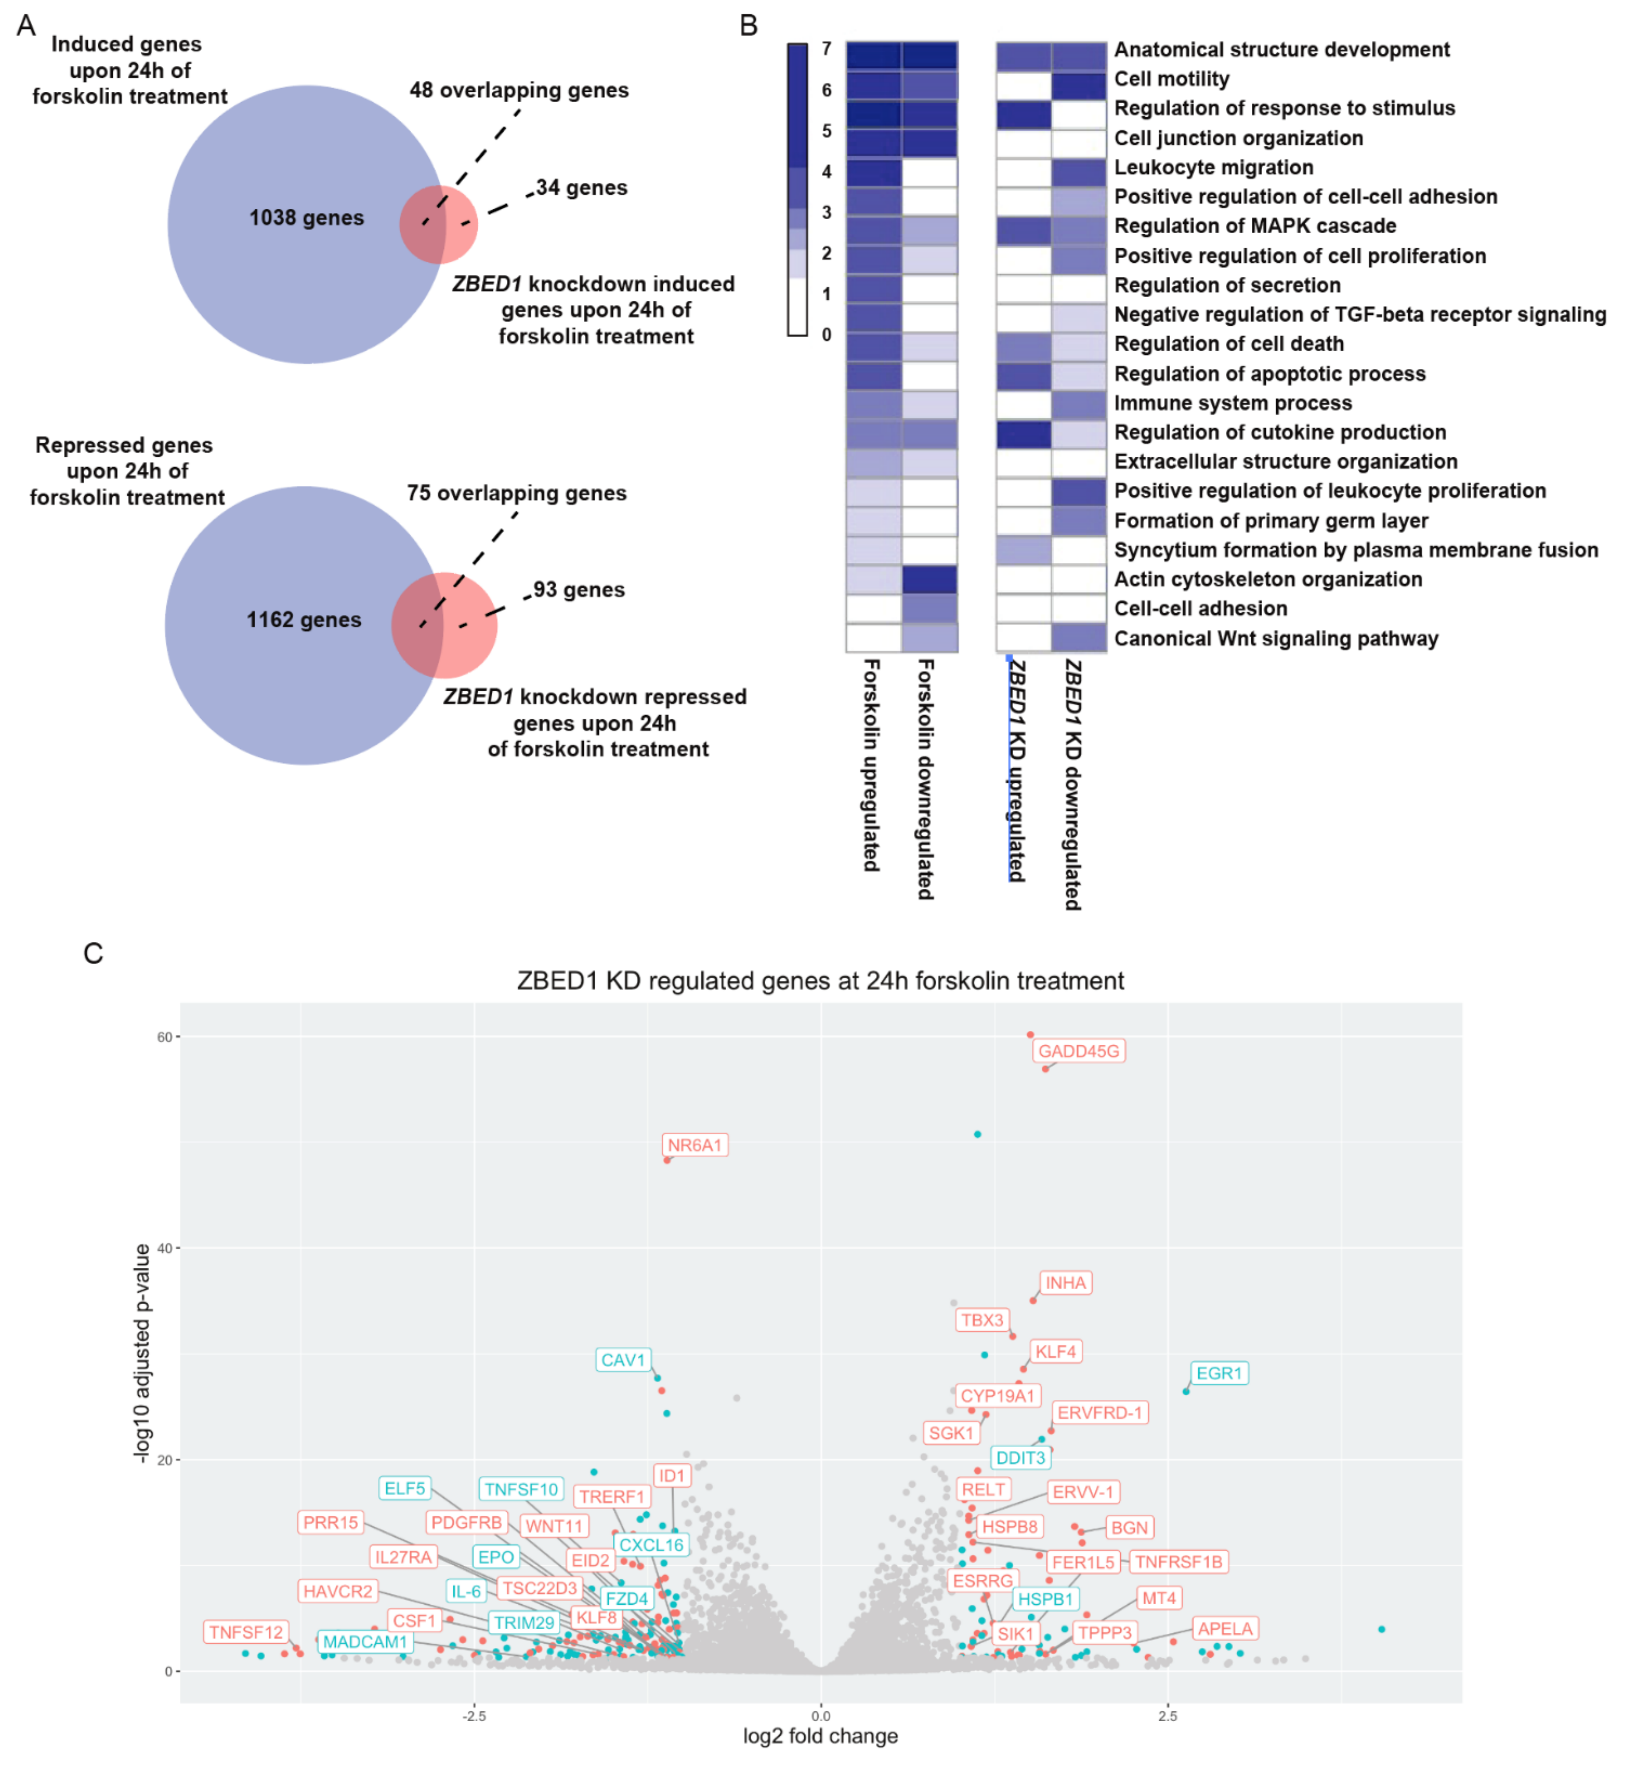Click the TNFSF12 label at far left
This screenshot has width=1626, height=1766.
point(246,1632)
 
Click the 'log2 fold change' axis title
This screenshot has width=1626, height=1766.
point(820,1736)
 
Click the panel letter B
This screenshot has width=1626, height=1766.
point(748,26)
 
